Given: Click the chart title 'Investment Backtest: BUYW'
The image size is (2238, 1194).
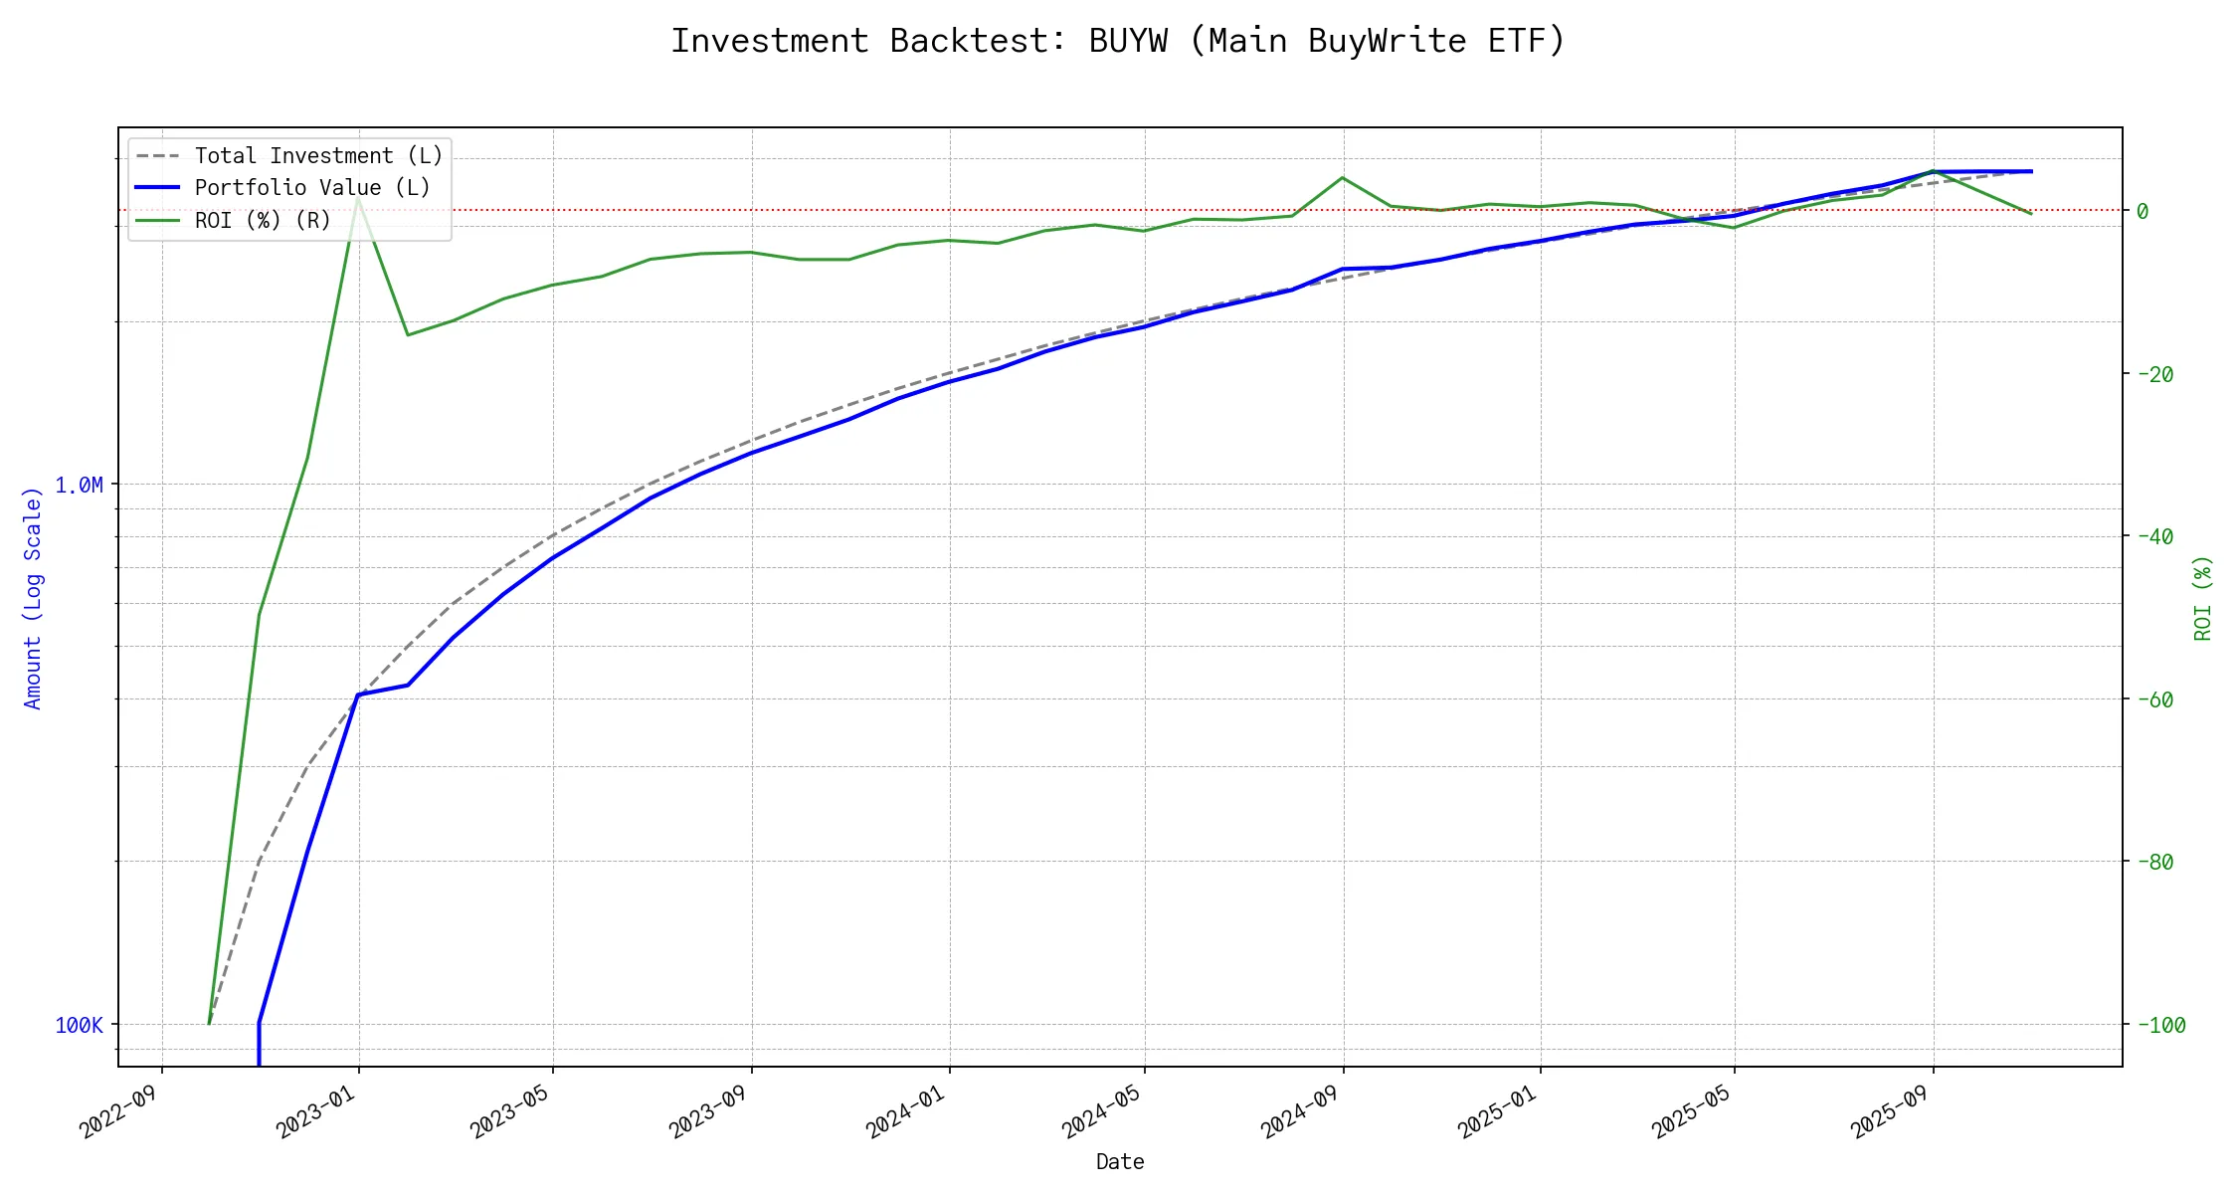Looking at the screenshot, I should (x=1118, y=41).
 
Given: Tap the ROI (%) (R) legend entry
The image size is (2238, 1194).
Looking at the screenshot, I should (x=263, y=220).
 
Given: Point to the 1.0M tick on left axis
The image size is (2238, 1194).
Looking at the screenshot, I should (x=79, y=485).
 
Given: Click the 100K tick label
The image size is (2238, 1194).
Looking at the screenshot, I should (x=79, y=1025).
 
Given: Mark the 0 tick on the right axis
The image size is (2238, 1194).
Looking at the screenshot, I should (x=2143, y=211).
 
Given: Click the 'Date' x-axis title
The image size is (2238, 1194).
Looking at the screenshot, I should (x=1120, y=1161).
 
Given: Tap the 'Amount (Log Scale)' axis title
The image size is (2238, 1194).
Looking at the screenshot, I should (x=33, y=597).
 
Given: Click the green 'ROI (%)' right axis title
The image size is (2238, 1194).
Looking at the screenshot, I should (x=2202, y=597).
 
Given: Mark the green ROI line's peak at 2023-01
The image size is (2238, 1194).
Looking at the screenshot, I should (x=358, y=197).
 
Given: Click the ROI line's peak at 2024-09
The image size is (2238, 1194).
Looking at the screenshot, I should (x=1344, y=178).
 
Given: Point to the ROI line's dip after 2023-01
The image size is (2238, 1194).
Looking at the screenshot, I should (x=408, y=334).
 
